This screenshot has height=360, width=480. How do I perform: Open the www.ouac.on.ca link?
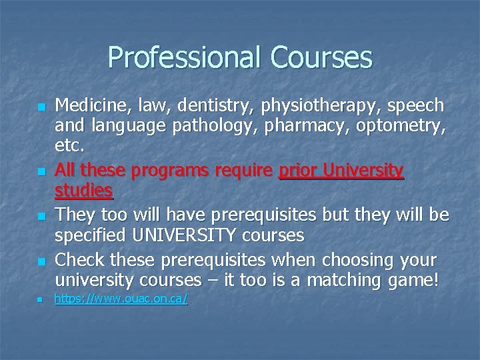click(x=121, y=299)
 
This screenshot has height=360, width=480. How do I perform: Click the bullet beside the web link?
click(x=40, y=300)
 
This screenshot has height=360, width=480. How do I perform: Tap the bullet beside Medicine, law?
click(x=41, y=107)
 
